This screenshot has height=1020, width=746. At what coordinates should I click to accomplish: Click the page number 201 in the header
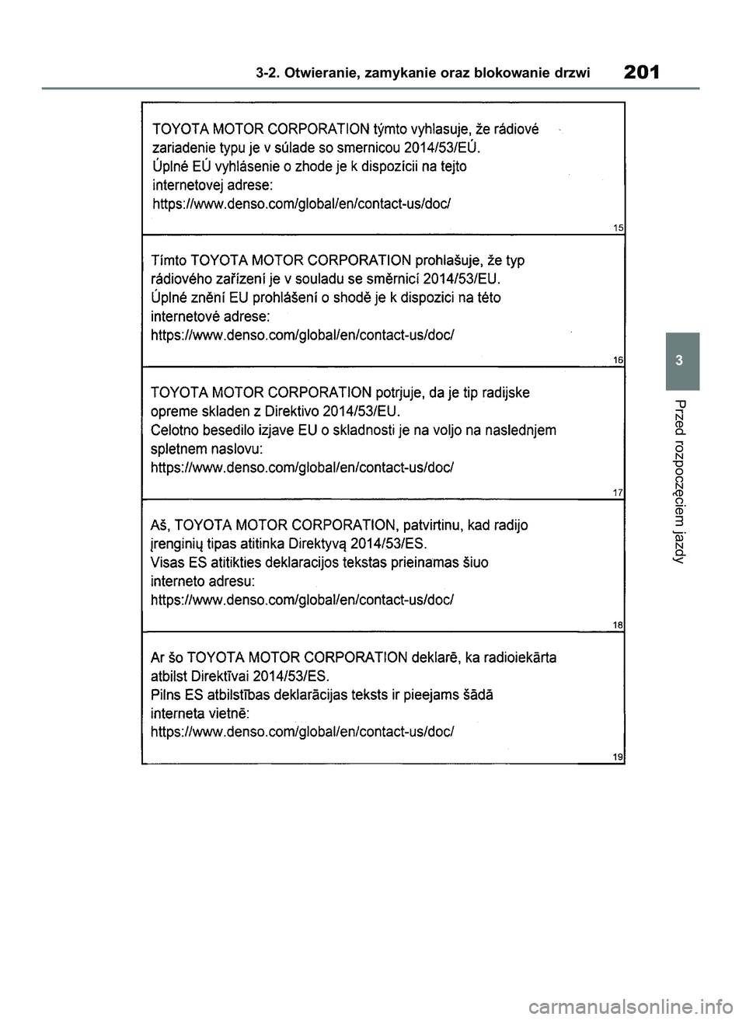[641, 73]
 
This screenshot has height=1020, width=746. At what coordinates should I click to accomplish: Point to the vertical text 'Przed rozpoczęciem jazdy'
[681, 482]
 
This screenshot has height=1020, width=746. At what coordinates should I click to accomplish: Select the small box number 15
[619, 228]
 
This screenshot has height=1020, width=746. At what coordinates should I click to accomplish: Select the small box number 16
[619, 360]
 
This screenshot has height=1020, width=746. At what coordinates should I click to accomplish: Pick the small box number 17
[619, 493]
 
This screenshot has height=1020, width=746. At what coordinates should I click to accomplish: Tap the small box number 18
[619, 624]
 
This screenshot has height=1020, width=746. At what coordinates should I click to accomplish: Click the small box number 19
[619, 757]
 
